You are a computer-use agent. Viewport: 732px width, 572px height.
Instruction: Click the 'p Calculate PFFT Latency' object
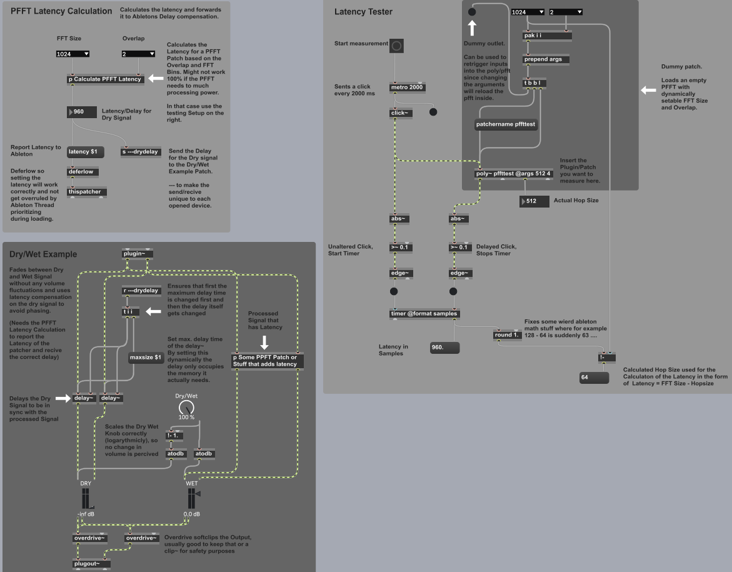point(106,79)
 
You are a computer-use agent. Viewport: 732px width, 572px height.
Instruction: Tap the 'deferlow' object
point(83,172)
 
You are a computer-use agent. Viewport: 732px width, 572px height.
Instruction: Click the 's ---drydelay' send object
point(141,152)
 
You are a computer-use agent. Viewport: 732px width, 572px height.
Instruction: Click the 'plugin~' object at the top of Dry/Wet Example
point(137,254)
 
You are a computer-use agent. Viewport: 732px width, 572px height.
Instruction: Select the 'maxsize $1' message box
point(146,358)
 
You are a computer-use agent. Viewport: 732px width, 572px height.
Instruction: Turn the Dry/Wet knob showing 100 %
point(186,408)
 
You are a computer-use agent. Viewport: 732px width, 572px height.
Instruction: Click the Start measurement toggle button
point(396,46)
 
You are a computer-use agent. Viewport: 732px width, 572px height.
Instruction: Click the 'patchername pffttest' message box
point(506,124)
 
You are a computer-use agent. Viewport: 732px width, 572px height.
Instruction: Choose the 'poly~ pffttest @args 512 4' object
point(513,174)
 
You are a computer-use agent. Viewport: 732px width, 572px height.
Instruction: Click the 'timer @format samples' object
point(424,313)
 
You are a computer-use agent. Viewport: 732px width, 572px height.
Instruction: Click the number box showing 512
point(534,202)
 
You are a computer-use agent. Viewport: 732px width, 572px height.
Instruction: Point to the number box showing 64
point(593,378)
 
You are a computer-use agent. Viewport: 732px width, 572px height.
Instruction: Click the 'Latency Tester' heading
point(363,12)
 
